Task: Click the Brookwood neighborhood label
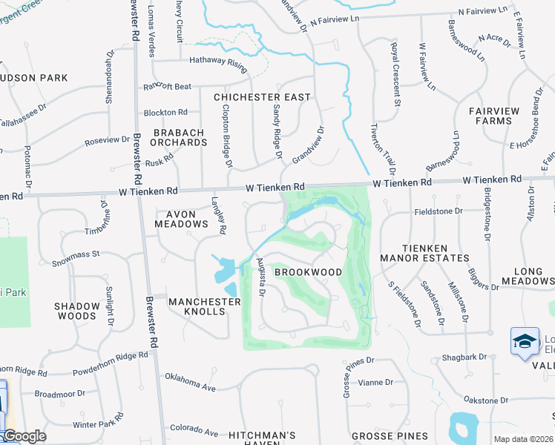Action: [x=309, y=272]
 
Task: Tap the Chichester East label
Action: [x=262, y=97]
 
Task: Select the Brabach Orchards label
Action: [x=179, y=137]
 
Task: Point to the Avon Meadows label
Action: [x=181, y=219]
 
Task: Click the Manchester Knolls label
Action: [x=205, y=306]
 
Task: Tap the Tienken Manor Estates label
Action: [x=424, y=253]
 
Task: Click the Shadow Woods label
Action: [x=77, y=311]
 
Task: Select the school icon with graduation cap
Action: [x=525, y=341]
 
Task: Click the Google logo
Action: [x=24, y=436]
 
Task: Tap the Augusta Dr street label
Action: [x=260, y=277]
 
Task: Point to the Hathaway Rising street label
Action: [x=217, y=64]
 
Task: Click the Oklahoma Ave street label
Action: [x=190, y=383]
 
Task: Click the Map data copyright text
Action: [x=524, y=439]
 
